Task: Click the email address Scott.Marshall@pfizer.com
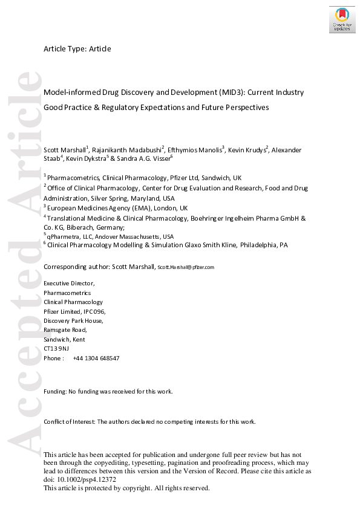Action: tap(186, 267)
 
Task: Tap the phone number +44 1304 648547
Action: tap(96, 358)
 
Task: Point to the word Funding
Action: tap(55, 392)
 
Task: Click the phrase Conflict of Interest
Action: tap(70, 421)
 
